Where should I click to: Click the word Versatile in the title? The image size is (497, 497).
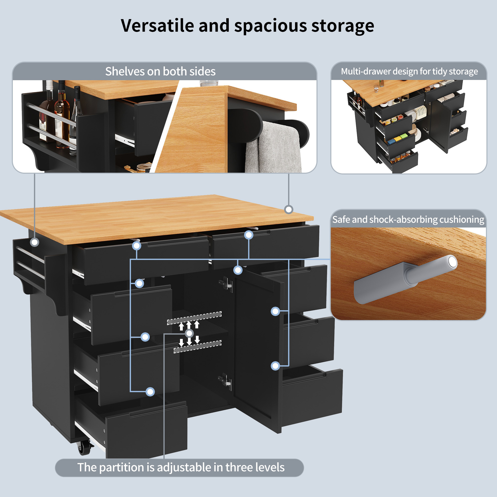157,26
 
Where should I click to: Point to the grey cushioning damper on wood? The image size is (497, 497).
405,279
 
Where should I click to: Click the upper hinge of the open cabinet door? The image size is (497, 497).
226,284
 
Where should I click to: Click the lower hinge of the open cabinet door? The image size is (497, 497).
225,382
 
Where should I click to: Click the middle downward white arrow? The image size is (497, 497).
189,341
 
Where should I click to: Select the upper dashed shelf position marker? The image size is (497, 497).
194,318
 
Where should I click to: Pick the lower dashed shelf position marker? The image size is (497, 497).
197,346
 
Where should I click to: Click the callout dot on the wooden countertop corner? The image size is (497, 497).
289,209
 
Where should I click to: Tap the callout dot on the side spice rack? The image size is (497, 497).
34,242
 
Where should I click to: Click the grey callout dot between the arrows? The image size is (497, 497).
189,333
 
